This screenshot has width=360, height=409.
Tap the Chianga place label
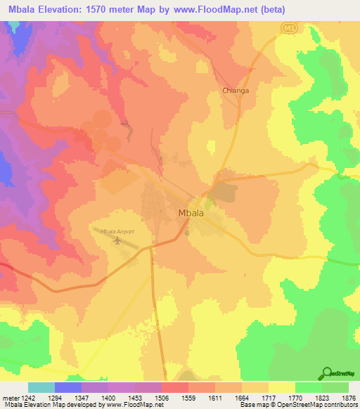(x=236, y=91)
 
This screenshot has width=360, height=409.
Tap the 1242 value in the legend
(x=25, y=397)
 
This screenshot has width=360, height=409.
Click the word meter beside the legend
(x=8, y=397)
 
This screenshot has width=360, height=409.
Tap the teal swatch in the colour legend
(x=41, y=387)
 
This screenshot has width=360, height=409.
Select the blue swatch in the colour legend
(x=68, y=387)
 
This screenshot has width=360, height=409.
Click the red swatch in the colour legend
(x=175, y=387)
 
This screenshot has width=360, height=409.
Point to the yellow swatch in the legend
(x=281, y=387)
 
